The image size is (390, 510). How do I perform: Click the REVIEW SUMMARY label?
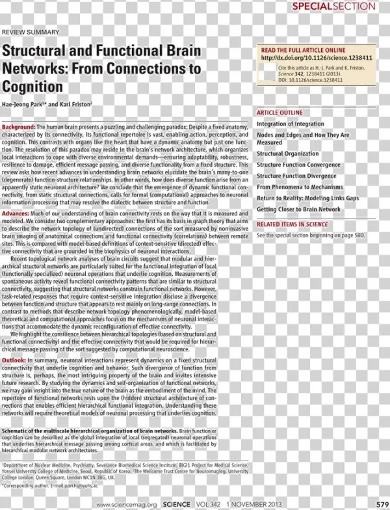point(31,31)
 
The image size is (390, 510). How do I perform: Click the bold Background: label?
point(19,126)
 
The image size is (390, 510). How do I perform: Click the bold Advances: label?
point(16,213)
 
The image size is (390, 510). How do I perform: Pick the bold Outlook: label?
point(14,360)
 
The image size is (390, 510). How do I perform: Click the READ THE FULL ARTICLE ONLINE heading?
point(303,49)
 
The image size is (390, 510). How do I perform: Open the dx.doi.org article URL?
point(314,58)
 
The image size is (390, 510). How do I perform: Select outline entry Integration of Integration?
point(290,124)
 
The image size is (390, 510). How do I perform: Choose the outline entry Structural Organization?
point(287,154)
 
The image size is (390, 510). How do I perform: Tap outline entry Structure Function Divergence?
point(296,176)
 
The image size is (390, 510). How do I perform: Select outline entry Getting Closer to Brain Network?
point(298,209)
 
